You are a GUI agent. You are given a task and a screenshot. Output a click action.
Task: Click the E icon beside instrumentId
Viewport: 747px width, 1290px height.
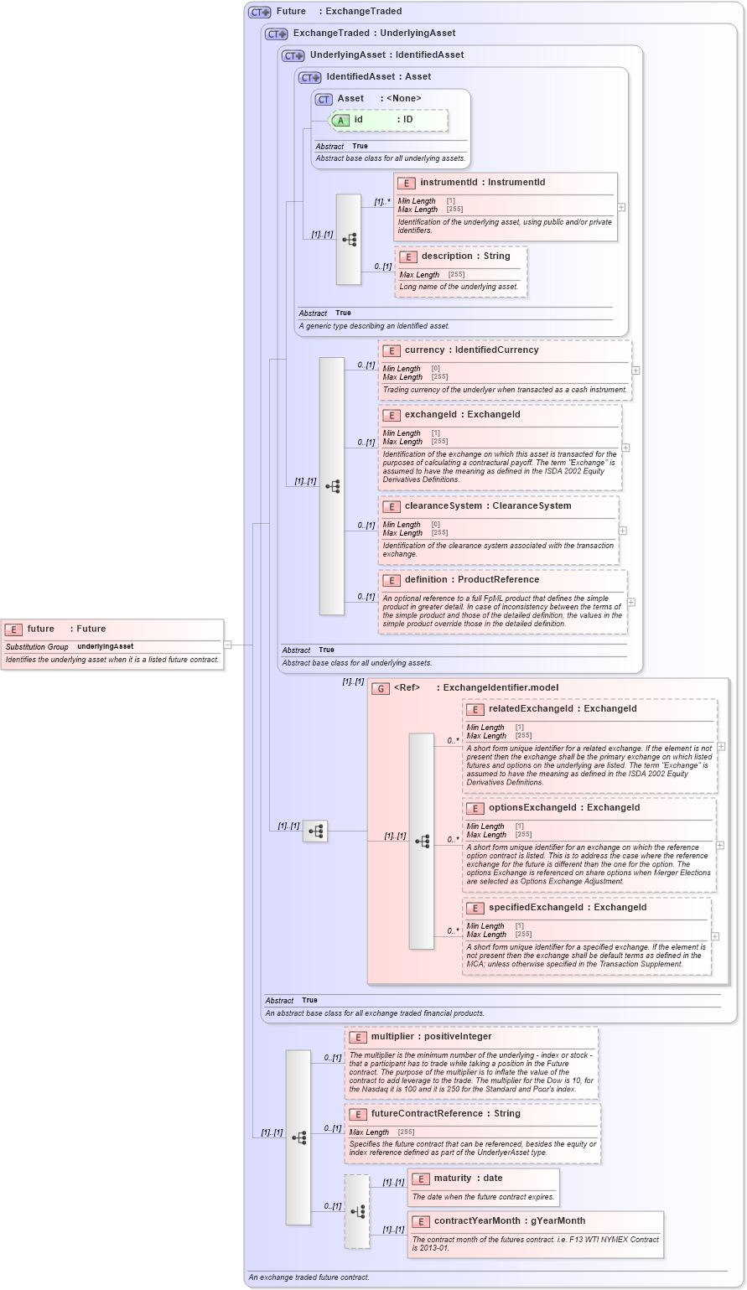tap(407, 183)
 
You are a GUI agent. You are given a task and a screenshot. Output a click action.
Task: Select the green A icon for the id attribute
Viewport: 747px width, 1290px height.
tap(341, 120)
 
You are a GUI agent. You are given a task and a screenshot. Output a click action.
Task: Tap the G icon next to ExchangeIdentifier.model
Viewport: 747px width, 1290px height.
tap(381, 688)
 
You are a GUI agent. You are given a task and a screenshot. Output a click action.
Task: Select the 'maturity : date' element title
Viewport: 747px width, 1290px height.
tap(468, 1179)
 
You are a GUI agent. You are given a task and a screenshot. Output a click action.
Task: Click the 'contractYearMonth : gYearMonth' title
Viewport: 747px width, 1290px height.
tap(509, 1221)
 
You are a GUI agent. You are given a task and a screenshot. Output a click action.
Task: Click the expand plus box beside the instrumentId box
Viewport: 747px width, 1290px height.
tap(621, 207)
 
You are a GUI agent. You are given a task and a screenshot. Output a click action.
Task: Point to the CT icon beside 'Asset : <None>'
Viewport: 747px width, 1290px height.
tap(324, 99)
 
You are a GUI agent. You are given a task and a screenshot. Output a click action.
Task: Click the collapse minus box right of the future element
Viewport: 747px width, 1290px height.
tap(227, 645)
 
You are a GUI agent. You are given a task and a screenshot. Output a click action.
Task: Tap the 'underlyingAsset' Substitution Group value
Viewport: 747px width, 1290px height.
tap(106, 647)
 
